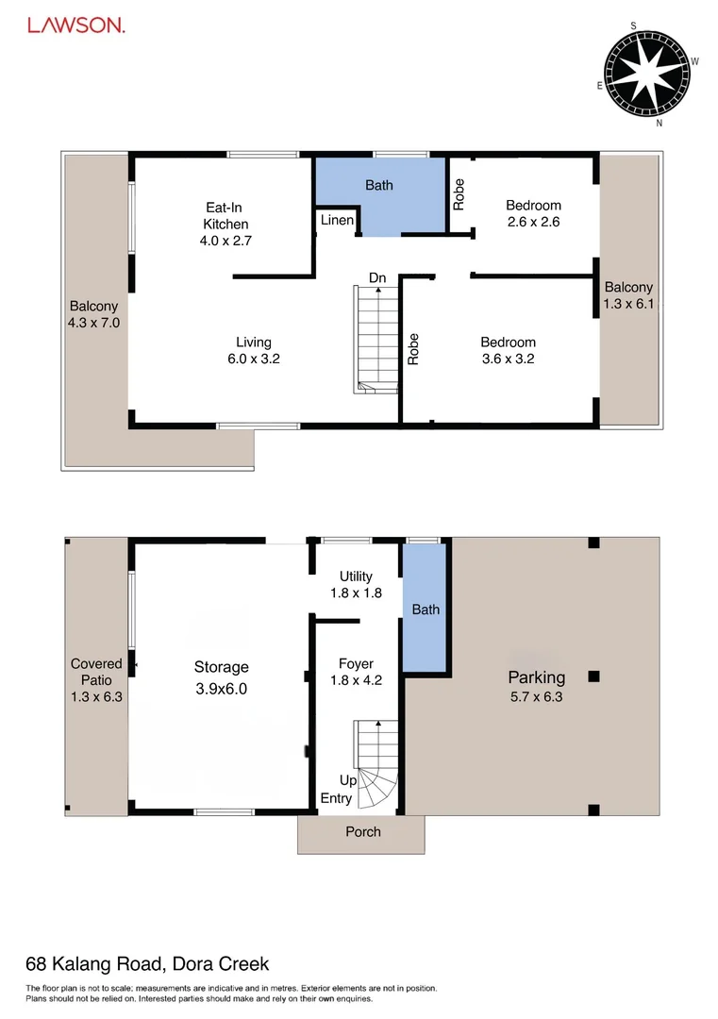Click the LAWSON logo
point(75,26)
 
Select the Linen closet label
point(337,221)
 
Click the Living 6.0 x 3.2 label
point(253,350)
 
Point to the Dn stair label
point(377,277)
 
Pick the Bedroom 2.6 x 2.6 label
point(533,213)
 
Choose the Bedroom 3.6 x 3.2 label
point(508,350)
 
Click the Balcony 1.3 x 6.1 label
point(628,295)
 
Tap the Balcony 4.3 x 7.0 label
point(93,313)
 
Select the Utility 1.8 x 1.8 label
point(357,584)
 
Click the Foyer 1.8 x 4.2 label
point(357,671)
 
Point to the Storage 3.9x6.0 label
point(222,677)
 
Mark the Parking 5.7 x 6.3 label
point(537,686)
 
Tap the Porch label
point(363,831)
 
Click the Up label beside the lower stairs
point(348,781)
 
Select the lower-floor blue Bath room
point(426,610)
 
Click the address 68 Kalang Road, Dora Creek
point(147,963)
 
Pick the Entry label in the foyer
point(337,798)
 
